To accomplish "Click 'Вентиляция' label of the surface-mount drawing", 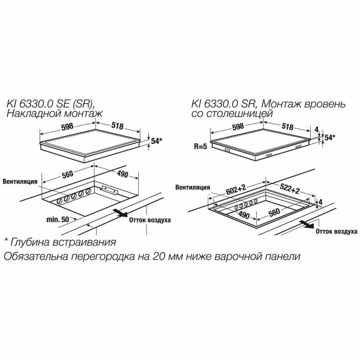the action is click(20, 181).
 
